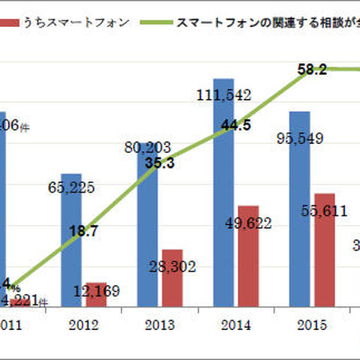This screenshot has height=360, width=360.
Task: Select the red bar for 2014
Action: point(247,255)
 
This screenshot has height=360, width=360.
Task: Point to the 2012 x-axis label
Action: point(83,325)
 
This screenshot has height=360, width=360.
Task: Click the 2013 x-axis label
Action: point(159,325)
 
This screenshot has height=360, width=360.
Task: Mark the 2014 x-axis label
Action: point(235,325)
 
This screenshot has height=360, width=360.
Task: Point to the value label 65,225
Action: point(71,187)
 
